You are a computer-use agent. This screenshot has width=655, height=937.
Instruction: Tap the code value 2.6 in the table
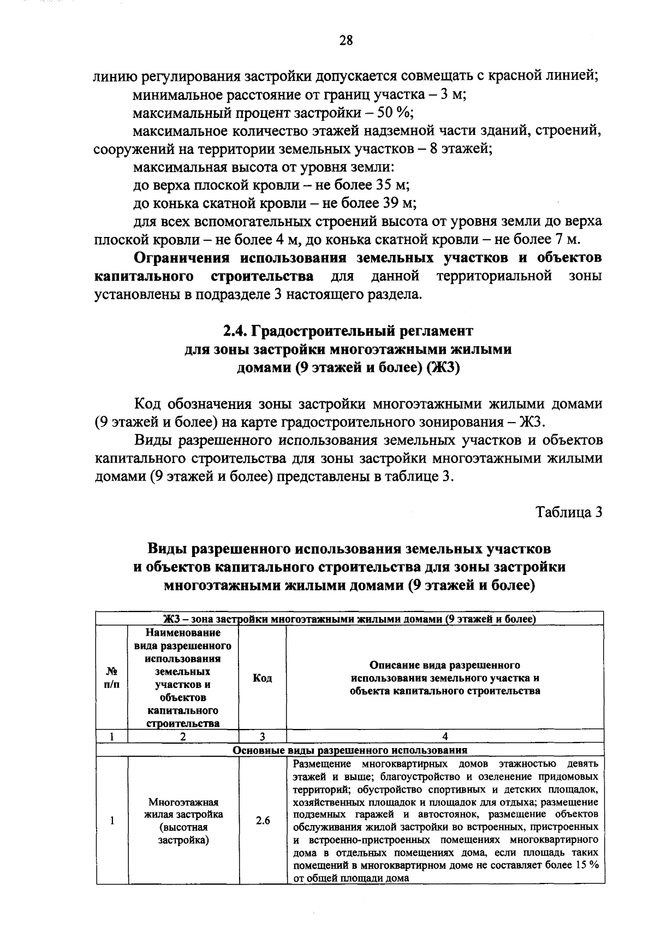263,821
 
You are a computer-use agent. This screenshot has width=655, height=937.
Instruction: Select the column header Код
263,678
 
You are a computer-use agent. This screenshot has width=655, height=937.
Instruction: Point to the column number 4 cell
445,736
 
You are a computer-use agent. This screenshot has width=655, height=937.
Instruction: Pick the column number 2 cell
183,736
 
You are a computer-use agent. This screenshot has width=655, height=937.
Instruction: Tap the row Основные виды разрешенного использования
349,750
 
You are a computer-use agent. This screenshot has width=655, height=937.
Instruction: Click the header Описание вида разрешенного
445,665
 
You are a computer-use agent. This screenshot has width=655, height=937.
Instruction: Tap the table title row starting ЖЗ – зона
349,619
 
